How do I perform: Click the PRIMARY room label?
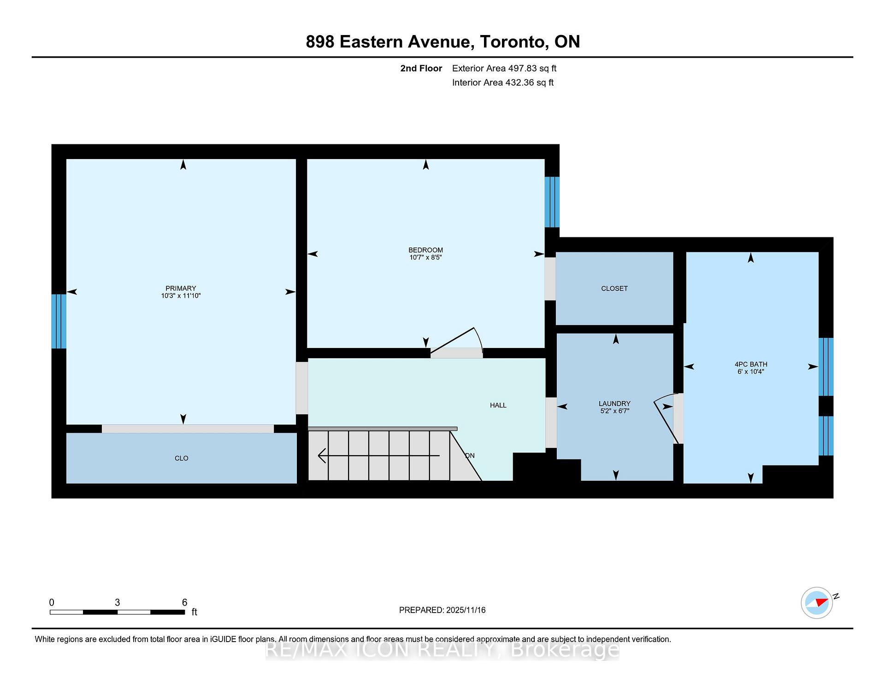(x=181, y=288)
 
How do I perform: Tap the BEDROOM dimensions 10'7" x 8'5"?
(x=425, y=258)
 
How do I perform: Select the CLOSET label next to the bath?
(x=614, y=289)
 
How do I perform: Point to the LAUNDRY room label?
(x=614, y=403)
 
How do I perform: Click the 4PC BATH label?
(x=750, y=364)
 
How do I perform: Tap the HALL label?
(x=498, y=405)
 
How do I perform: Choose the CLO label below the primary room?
(x=181, y=458)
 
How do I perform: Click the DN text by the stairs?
(x=470, y=455)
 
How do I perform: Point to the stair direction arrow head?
(x=321, y=455)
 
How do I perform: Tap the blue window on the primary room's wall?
(x=59, y=321)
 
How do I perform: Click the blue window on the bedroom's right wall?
(x=552, y=202)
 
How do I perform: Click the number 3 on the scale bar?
(x=118, y=602)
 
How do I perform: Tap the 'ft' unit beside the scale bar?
(x=194, y=612)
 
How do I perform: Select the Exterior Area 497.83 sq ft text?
(x=504, y=68)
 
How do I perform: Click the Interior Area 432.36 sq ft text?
(x=502, y=83)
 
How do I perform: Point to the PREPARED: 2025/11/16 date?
(x=442, y=610)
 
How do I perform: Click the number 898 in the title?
(x=319, y=42)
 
